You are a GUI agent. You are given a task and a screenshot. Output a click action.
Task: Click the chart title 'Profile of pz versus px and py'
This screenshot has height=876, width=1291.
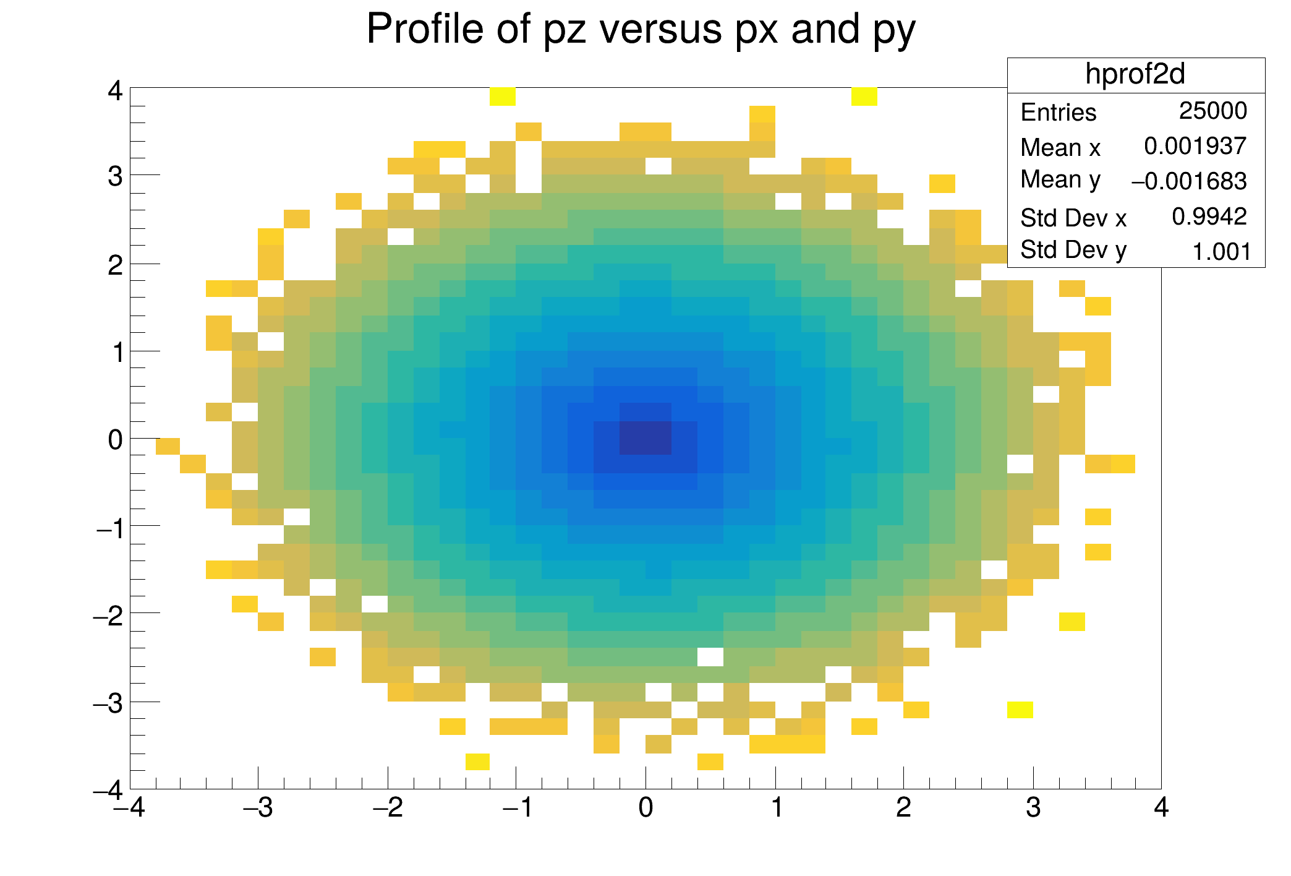[x=641, y=29]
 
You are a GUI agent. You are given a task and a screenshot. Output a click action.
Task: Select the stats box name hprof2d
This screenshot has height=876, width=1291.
[x=1135, y=74]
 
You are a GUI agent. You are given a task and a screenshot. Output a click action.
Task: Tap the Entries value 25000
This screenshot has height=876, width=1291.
[x=1212, y=111]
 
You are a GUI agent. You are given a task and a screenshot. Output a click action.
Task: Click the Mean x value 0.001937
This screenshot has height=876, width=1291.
[x=1195, y=146]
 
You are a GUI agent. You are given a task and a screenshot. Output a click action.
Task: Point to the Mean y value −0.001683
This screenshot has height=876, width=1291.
[x=1188, y=181]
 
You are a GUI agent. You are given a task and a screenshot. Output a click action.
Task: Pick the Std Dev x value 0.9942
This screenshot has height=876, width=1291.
[x=1209, y=217]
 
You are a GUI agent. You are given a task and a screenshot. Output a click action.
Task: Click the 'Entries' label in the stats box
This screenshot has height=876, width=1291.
[x=1058, y=113]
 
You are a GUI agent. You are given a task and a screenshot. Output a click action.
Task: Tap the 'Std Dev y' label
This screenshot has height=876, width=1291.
[x=1073, y=251]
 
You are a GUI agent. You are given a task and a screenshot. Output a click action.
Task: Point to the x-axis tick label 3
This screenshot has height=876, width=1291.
[x=1033, y=808]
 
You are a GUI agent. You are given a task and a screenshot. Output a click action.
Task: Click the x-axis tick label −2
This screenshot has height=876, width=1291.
[x=388, y=808]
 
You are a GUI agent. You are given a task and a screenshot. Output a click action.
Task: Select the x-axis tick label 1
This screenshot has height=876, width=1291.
[x=776, y=808]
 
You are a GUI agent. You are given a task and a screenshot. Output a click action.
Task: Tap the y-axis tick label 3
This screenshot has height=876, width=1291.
[x=116, y=177]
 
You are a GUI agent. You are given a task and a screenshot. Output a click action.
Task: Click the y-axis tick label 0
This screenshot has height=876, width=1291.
[x=116, y=440]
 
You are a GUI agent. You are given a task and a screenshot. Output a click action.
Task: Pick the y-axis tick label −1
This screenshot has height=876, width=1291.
[x=109, y=528]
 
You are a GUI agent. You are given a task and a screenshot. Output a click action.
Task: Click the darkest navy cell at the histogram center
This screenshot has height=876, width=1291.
[x=645, y=438]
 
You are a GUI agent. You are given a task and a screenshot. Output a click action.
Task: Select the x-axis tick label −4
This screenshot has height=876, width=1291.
[x=129, y=808]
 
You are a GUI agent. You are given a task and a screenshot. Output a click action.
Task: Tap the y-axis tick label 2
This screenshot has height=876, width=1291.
[x=116, y=265]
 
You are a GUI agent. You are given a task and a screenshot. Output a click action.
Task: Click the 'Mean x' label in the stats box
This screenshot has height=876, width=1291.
[x=1060, y=148]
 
